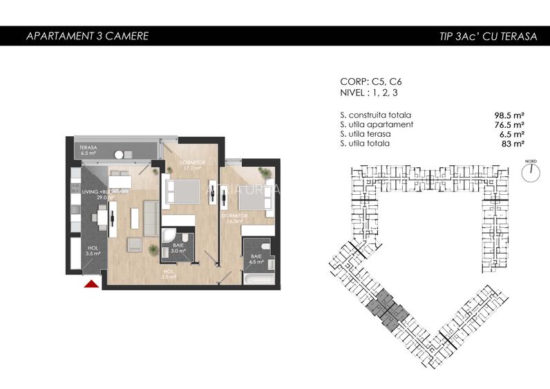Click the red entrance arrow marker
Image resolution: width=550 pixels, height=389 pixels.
(x=90, y=282)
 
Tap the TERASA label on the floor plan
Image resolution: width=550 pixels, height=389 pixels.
(x=87, y=151)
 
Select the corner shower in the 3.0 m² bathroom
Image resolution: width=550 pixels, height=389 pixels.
(x=168, y=239)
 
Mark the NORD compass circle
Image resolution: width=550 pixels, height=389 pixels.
(x=531, y=173)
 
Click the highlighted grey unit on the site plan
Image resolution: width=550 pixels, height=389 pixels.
(x=383, y=307)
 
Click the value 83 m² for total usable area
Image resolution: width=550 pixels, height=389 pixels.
(x=513, y=144)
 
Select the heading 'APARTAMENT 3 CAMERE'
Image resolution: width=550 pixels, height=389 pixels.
(x=86, y=36)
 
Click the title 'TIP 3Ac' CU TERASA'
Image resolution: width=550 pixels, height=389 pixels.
(x=487, y=36)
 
